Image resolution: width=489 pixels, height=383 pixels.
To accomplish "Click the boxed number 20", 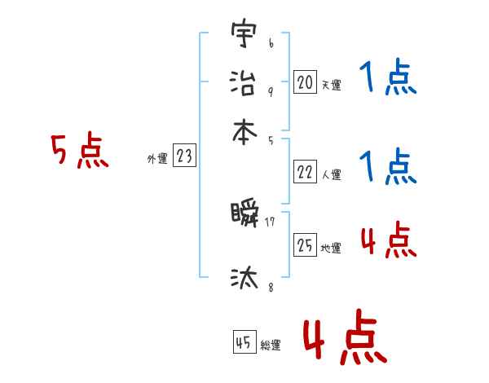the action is click(x=305, y=81).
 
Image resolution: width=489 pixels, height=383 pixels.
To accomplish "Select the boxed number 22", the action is click(x=305, y=172).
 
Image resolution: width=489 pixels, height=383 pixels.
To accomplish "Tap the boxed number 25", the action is click(x=305, y=245).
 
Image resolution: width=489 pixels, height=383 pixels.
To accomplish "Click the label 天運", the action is click(x=331, y=85).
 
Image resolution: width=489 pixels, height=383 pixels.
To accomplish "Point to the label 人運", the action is click(x=331, y=174).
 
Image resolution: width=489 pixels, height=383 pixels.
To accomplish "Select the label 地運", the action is click(x=331, y=248).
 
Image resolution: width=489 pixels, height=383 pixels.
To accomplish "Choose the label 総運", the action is click(x=271, y=346).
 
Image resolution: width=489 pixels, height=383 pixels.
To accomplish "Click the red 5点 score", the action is click(x=79, y=152).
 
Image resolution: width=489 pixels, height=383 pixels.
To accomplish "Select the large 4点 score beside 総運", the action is click(x=344, y=341).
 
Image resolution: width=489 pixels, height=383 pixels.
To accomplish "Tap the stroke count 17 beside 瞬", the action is click(x=270, y=220).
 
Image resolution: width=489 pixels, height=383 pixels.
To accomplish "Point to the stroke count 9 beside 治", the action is click(x=270, y=91).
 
